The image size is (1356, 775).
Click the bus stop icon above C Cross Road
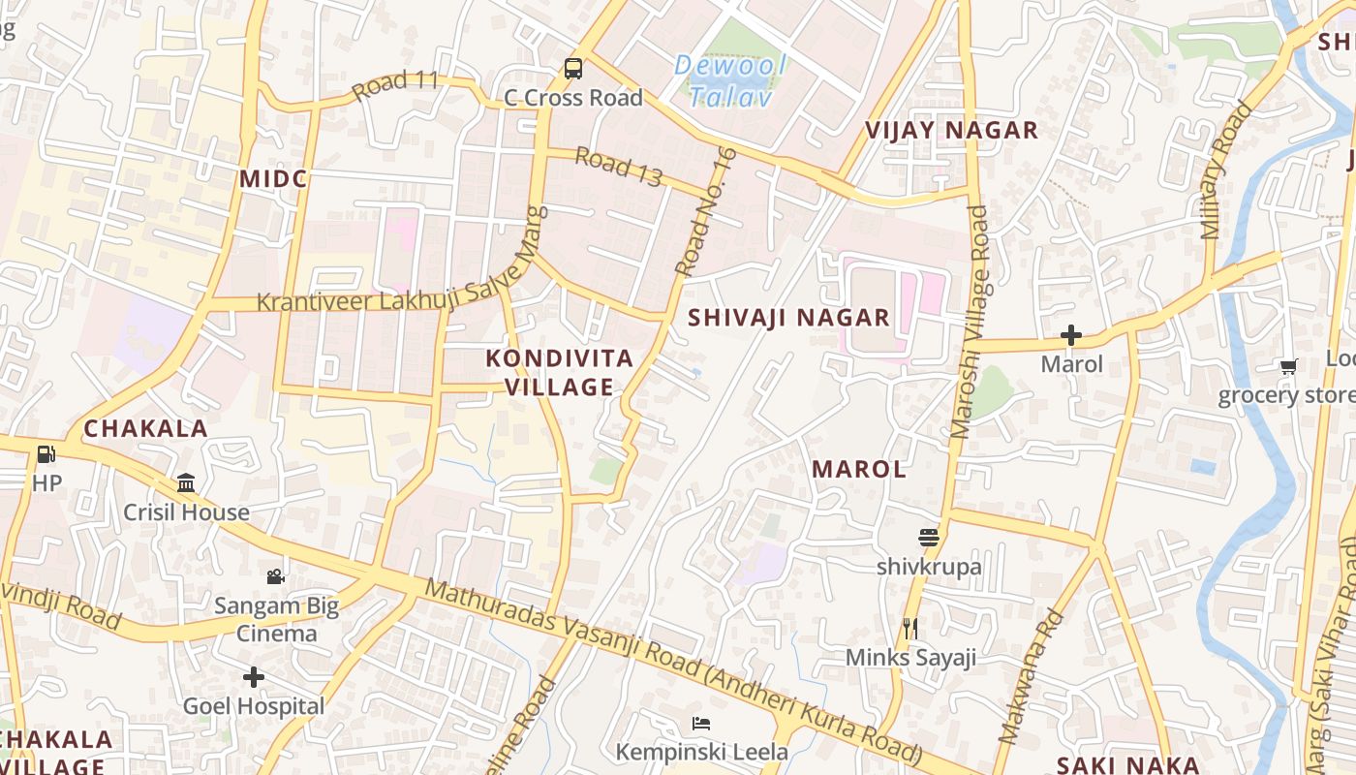click(573, 69)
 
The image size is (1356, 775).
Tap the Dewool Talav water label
click(731, 81)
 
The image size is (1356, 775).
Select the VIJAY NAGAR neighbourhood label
click(951, 130)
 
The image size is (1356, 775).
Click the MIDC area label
click(273, 178)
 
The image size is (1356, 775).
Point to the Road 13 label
click(619, 166)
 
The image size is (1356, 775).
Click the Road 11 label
click(395, 85)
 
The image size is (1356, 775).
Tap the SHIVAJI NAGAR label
click(788, 318)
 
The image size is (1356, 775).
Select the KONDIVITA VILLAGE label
click(560, 372)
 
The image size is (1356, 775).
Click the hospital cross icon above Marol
click(1071, 336)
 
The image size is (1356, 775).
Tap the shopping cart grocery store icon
click(1288, 366)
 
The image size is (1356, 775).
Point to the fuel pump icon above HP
click(46, 454)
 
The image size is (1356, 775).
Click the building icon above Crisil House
click(186, 482)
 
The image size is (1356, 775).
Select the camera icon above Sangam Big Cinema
click(276, 576)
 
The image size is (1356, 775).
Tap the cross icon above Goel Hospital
click(254, 676)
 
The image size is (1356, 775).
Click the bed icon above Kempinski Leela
click(701, 724)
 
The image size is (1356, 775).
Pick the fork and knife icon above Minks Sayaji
click(909, 629)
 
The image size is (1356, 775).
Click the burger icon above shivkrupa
click(929, 538)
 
